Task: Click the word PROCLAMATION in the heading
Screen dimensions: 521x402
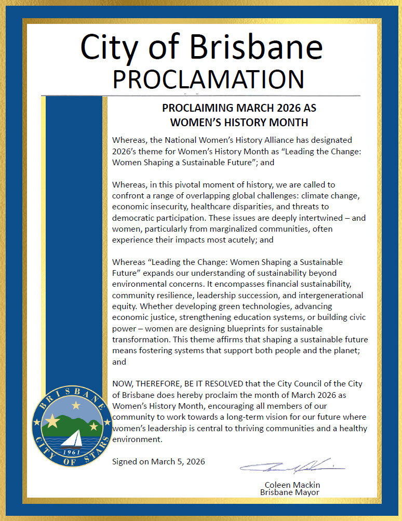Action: [208, 79]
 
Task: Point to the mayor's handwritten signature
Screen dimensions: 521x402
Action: [292, 466]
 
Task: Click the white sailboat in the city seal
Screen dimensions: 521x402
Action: [71, 438]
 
